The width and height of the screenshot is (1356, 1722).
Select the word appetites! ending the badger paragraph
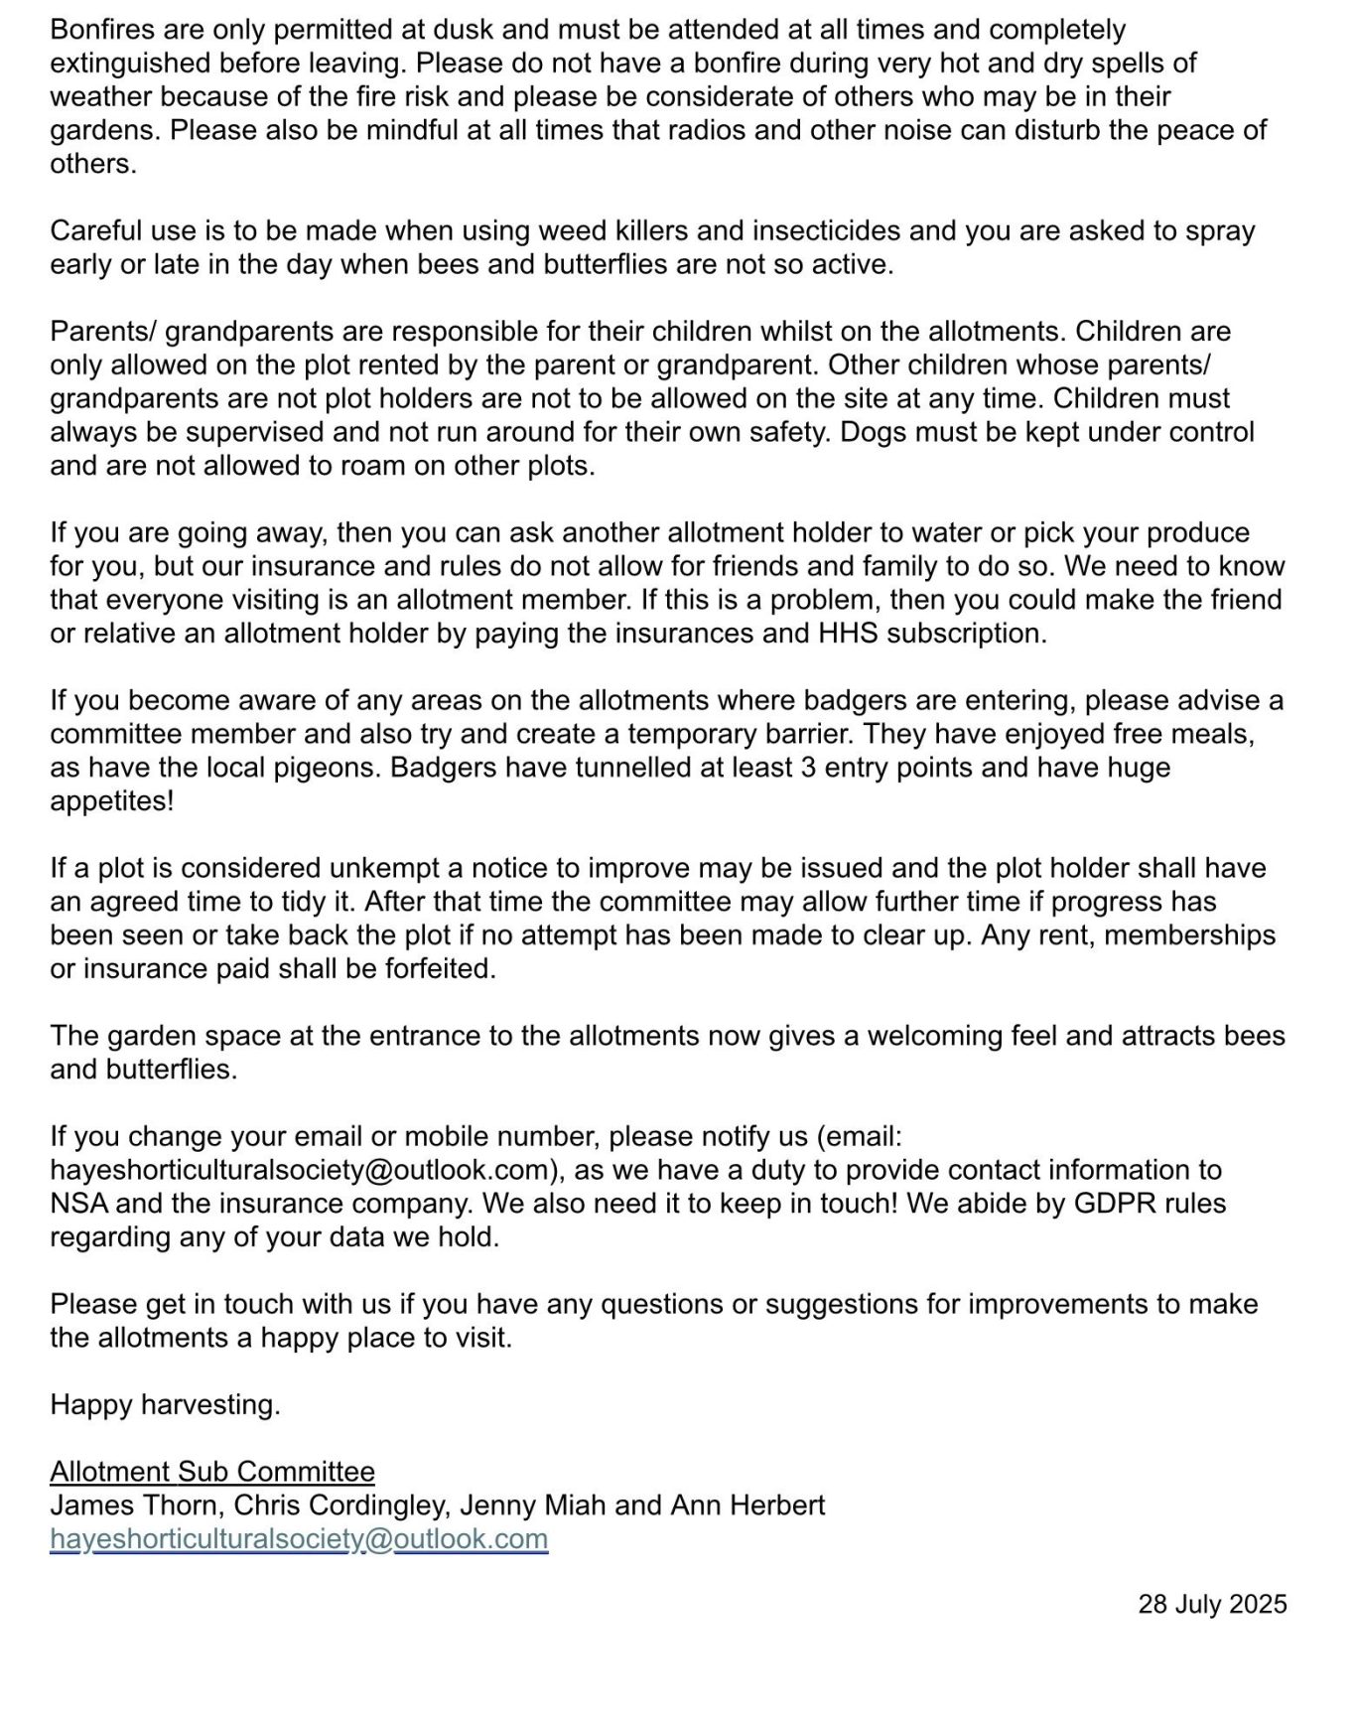[111, 801]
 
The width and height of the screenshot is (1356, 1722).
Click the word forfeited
[439, 969]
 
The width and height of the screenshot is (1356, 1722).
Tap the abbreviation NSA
[79, 1204]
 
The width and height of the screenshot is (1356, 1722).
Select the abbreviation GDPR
[1119, 1204]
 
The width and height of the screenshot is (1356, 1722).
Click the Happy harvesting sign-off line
[165, 1405]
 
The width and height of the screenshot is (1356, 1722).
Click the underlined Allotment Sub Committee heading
[212, 1472]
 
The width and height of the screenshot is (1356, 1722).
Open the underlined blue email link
[299, 1539]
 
